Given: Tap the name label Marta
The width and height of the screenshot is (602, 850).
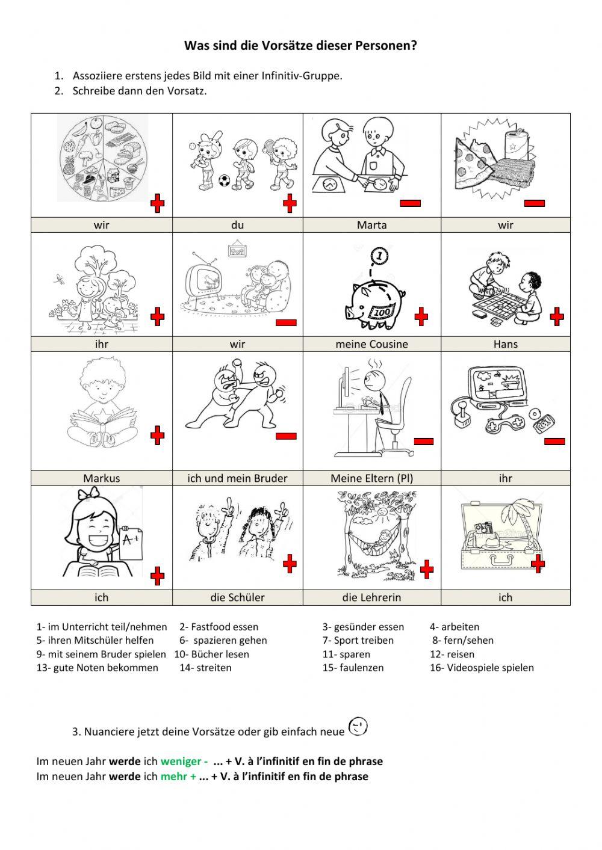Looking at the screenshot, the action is point(372,225).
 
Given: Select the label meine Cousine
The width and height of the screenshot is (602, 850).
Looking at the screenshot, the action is point(372,344).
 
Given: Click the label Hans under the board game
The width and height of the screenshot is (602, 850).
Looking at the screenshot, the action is point(506,344).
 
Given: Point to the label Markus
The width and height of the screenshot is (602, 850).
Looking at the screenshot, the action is point(101,478).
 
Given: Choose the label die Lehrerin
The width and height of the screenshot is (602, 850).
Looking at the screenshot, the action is point(372,597).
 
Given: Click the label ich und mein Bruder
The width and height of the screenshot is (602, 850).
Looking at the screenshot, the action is point(237,478).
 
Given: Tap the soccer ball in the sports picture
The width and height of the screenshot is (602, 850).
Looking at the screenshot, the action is point(224,180).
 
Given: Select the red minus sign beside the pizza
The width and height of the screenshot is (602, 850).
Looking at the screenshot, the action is point(535,204).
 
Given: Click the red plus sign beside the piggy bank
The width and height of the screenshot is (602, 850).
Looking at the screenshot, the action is point(421,316).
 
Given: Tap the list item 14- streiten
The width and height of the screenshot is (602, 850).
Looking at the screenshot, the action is point(205,668).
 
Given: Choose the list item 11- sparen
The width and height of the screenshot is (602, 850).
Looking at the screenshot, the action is point(346,654).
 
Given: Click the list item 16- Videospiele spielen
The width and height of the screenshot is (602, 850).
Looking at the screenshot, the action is point(482,668).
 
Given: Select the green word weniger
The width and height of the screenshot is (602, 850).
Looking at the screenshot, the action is point(181,761).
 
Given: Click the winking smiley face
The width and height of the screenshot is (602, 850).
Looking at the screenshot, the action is point(358,726).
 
